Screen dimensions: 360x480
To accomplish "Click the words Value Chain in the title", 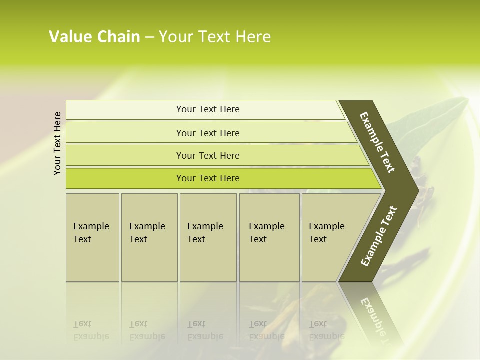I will click(94, 37).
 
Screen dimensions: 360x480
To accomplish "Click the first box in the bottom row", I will click(92, 260).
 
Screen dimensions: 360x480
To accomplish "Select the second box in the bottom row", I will click(149, 260).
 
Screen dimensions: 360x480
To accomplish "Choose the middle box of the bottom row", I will click(208, 260).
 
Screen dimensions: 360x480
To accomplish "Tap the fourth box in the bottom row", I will click(269, 260).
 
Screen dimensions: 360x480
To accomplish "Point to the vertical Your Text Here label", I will click(57, 144).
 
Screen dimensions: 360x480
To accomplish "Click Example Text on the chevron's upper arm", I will click(377, 142).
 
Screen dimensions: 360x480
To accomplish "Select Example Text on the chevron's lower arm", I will click(379, 236).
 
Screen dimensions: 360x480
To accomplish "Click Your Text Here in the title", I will click(215, 37).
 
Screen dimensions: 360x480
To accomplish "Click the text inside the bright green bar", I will click(208, 178).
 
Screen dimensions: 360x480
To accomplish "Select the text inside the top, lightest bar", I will click(208, 109).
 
